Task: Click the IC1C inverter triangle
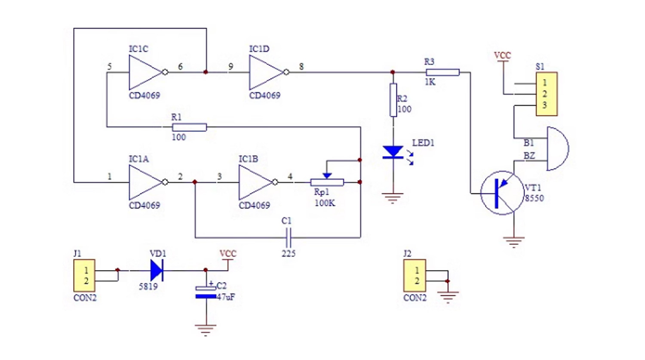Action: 145,72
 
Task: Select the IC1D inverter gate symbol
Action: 266,72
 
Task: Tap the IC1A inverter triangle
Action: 145,182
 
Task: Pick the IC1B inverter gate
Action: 255,182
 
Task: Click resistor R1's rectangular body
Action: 189,127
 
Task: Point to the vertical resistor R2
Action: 393,100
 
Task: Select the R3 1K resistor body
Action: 442,72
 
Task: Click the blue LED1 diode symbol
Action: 393,152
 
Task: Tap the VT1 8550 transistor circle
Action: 502,193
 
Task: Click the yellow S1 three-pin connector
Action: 547,94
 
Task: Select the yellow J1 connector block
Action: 84,276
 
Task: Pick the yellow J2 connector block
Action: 415,276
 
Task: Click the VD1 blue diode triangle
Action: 157,270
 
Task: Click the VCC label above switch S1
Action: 503,55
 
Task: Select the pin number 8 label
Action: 301,67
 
